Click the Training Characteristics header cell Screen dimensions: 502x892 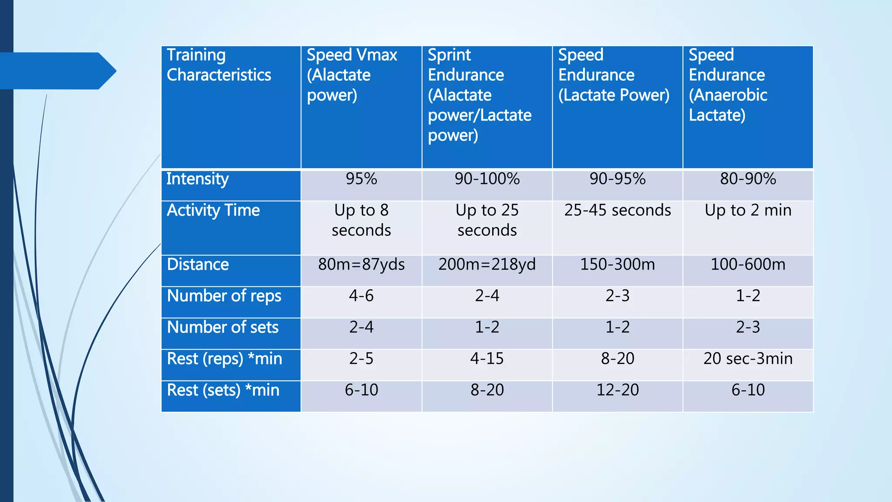pyautogui.click(x=219, y=65)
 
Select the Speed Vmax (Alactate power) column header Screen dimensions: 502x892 pyautogui.click(x=352, y=75)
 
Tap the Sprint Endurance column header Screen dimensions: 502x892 pyautogui.click(x=480, y=95)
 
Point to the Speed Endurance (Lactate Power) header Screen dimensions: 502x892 pyautogui.click(x=614, y=75)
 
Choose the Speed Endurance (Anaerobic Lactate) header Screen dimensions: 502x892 pyautogui.click(x=727, y=85)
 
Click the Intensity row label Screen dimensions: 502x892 pyautogui.click(x=197, y=179)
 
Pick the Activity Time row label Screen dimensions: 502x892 pyautogui.click(x=213, y=210)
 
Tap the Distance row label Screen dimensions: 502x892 pyautogui.click(x=198, y=265)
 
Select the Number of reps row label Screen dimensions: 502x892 pyautogui.click(x=224, y=296)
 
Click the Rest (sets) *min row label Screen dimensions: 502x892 pyautogui.click(x=223, y=390)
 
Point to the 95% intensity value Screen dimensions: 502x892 pyautogui.click(x=361, y=179)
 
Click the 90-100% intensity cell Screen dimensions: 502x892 pyautogui.click(x=487, y=179)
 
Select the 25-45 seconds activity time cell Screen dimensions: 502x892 pyautogui.click(x=617, y=210)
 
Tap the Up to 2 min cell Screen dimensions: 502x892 pyautogui.click(x=748, y=210)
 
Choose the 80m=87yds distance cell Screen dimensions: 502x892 pyautogui.click(x=361, y=265)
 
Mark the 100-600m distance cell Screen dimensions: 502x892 pyautogui.click(x=748, y=265)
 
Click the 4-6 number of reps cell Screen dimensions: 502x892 pyautogui.click(x=361, y=296)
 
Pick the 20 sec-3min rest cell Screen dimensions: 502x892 pyautogui.click(x=748, y=359)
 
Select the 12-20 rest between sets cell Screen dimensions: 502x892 pyautogui.click(x=617, y=390)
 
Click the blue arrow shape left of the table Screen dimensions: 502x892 pyautogui.click(x=57, y=71)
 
